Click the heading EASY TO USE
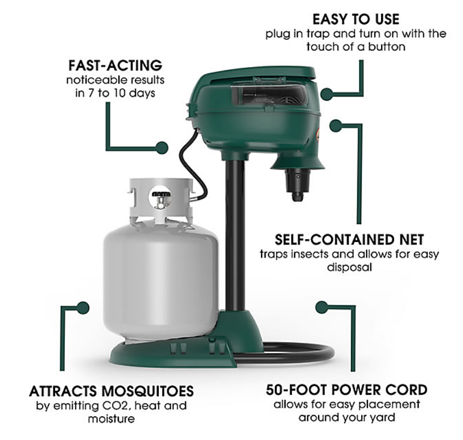[356, 19]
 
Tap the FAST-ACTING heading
[115, 65]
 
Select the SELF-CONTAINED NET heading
[349, 240]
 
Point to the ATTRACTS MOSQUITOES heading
[111, 391]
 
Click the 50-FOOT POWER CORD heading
[346, 390]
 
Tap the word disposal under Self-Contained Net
[349, 267]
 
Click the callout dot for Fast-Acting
[162, 148]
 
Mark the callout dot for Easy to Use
[327, 94]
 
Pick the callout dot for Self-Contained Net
[336, 126]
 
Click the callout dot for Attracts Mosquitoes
[83, 308]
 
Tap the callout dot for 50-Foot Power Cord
[321, 308]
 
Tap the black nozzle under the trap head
[298, 184]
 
